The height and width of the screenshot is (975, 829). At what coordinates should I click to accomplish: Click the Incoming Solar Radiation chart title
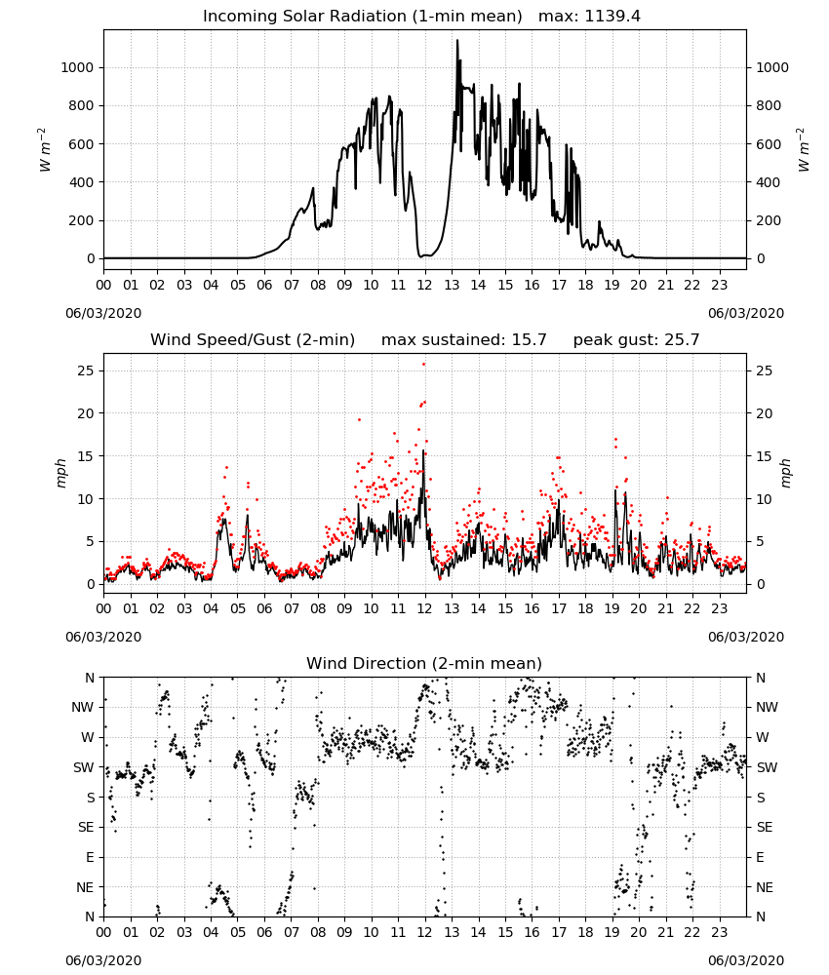click(x=362, y=17)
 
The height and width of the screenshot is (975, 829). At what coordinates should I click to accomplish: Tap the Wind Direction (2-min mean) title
click(x=424, y=663)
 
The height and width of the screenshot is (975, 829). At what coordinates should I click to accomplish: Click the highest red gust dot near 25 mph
click(x=424, y=364)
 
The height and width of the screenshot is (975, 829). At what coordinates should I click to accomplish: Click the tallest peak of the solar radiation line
click(x=457, y=41)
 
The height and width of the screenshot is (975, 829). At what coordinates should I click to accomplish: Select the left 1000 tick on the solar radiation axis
click(x=77, y=68)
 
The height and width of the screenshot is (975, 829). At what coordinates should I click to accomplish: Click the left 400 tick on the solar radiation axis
click(x=82, y=182)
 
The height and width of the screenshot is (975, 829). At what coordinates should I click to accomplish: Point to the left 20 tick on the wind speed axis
click(x=85, y=413)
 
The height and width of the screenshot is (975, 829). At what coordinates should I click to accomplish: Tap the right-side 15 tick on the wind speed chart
click(x=765, y=456)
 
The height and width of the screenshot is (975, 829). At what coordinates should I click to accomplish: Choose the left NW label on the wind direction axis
click(x=83, y=707)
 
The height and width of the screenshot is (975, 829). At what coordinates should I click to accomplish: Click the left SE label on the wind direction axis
click(x=87, y=827)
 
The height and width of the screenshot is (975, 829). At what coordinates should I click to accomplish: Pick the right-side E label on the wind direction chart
click(x=760, y=857)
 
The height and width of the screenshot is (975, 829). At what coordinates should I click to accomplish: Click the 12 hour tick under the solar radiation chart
click(x=424, y=286)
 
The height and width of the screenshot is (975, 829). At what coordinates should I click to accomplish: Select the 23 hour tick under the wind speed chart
click(x=719, y=608)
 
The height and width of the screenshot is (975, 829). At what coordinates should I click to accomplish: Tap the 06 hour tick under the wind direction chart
click(x=264, y=933)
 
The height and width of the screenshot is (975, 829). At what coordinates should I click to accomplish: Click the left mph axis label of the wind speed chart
click(x=60, y=473)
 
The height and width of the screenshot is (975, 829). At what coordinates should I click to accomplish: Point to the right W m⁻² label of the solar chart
click(x=803, y=149)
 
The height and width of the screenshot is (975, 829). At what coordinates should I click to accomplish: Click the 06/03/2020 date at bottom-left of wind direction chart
click(x=103, y=960)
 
